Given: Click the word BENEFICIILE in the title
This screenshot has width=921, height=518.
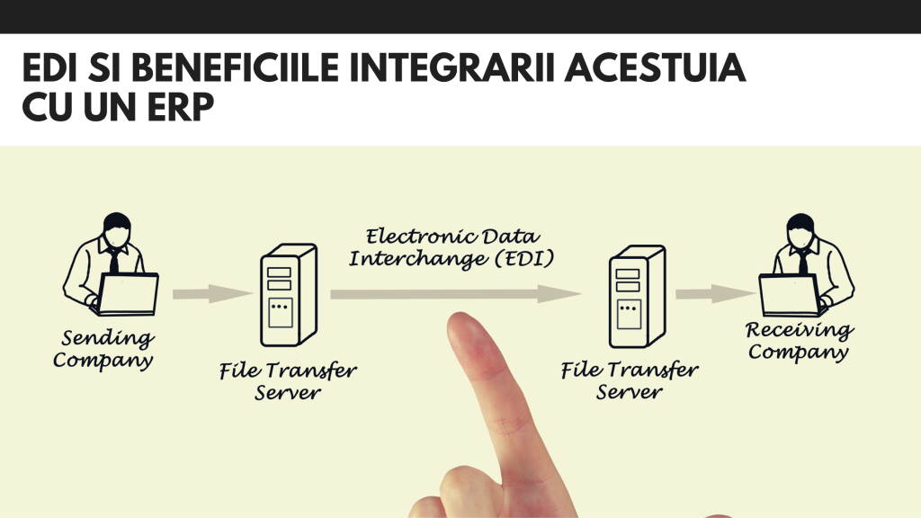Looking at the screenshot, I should pos(235,70).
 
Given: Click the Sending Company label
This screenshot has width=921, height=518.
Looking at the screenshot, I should pos(105,350).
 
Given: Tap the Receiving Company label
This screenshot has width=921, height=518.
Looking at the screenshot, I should pos(800,341).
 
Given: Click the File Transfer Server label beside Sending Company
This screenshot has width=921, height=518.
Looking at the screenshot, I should pos(288,381).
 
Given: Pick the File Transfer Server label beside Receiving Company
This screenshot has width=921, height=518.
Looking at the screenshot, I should pos(630,381).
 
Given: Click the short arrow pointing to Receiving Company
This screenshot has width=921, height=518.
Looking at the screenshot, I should pos(715,293).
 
